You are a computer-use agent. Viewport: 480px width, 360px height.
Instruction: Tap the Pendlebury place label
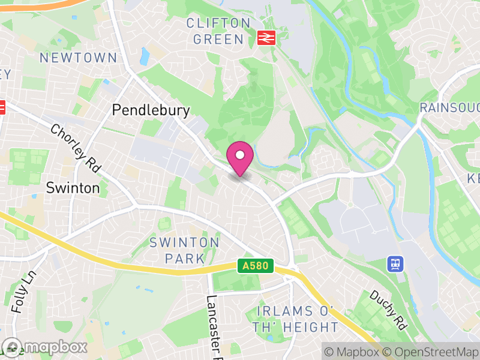point(151,110)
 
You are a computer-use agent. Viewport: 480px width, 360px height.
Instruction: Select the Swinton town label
point(73,188)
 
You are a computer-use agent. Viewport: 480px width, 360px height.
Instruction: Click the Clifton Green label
point(218,31)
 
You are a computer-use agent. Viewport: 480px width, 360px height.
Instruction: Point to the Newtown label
point(78,58)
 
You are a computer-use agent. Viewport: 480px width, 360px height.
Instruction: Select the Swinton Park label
point(184,250)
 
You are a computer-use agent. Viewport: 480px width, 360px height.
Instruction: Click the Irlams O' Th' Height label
point(297,319)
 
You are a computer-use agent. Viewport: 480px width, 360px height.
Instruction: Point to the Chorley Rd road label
point(75,146)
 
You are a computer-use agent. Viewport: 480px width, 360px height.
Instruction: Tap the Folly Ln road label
point(23,292)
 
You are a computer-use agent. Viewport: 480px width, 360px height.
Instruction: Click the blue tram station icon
point(395,263)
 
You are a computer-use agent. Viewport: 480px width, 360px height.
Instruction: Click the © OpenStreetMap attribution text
point(431,351)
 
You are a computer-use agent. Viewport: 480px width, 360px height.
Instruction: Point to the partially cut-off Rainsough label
point(449,108)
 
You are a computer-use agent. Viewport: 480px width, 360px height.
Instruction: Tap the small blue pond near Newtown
point(145,56)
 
